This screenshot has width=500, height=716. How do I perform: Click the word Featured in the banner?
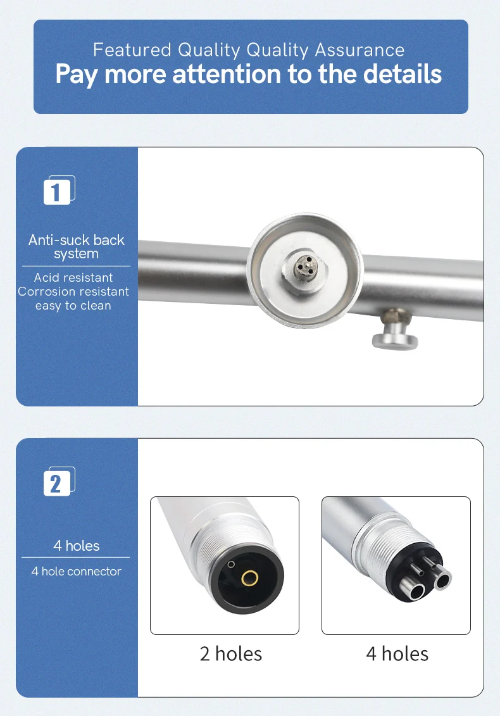click(x=132, y=50)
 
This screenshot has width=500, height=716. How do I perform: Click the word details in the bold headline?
click(x=403, y=73)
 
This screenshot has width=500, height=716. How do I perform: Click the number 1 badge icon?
click(x=59, y=191)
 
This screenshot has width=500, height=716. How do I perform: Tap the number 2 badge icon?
click(x=59, y=482)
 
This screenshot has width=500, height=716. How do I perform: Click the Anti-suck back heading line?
click(x=76, y=240)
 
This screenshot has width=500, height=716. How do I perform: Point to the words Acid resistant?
click(x=73, y=277)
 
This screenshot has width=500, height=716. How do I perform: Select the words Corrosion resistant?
click(x=73, y=291)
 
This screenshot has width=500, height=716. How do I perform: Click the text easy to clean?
click(x=73, y=306)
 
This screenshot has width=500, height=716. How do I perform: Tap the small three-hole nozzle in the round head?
click(x=304, y=267)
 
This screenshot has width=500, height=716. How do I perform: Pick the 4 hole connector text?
click(x=76, y=571)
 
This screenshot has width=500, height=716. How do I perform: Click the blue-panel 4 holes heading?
click(x=76, y=546)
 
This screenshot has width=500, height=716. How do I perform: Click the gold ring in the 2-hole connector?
click(x=250, y=577)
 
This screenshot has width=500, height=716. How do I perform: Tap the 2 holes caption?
click(x=231, y=654)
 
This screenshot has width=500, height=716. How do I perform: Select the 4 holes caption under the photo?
click(x=397, y=654)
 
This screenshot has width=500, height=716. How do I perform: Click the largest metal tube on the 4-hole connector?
click(x=412, y=589)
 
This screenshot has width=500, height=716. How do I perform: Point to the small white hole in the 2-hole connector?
click(x=231, y=565)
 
